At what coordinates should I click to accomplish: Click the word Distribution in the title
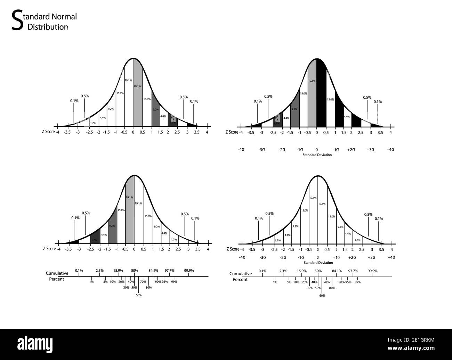pos(48,27)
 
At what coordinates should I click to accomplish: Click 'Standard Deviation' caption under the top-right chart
pos(317,155)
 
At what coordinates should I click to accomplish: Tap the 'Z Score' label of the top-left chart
pos(48,132)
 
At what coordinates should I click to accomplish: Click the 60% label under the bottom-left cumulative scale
pos(139,295)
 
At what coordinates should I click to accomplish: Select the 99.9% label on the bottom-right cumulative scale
pos(372,271)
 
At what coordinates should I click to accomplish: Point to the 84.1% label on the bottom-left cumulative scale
pos(153,271)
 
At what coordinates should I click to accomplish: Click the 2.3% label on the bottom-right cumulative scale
pos(283,271)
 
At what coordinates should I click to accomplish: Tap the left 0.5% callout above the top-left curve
pos(84,96)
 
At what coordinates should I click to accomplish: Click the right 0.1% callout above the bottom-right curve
pos(379,219)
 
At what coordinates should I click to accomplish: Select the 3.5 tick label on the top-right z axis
pos(380,133)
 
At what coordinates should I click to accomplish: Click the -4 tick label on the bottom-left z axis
pos(59,249)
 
